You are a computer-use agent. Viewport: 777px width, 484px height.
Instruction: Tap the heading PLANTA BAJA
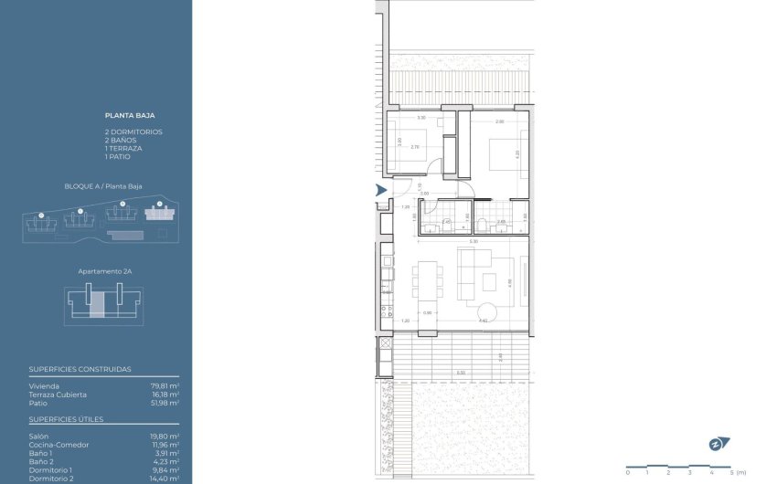pyautogui.click(x=129, y=117)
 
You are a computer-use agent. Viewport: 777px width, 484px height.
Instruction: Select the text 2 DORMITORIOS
pyautogui.click(x=133, y=132)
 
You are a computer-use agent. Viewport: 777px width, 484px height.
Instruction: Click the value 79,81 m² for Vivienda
pyautogui.click(x=165, y=386)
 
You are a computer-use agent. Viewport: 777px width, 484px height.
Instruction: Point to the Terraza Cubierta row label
pyautogui.click(x=58, y=395)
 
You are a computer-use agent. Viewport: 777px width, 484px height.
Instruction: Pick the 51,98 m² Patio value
pyautogui.click(x=165, y=403)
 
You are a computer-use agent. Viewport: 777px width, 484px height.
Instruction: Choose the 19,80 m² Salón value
pyautogui.click(x=165, y=436)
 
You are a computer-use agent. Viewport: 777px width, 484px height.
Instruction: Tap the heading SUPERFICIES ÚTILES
pyautogui.click(x=66, y=419)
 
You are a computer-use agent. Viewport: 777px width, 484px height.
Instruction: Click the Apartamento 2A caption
pyautogui.click(x=102, y=272)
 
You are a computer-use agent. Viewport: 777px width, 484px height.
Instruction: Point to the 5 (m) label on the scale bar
pyautogui.click(x=740, y=472)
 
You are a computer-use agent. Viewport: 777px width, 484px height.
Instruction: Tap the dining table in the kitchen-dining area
pyautogui.click(x=428, y=279)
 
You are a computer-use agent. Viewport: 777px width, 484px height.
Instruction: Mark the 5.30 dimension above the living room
pyautogui.click(x=473, y=241)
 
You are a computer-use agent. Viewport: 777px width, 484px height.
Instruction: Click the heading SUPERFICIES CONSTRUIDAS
pyautogui.click(x=80, y=370)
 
